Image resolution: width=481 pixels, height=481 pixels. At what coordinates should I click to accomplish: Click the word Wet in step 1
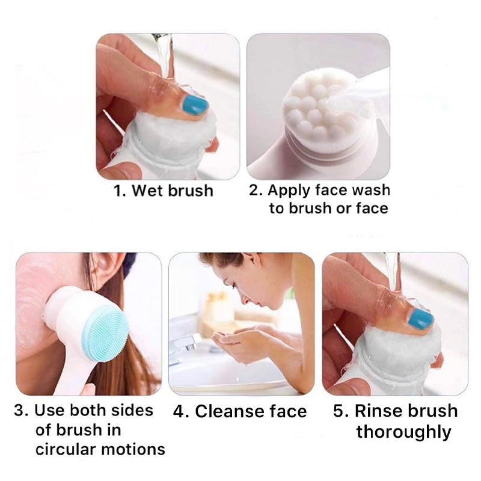146,191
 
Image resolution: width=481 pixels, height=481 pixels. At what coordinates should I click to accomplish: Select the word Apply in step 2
289,191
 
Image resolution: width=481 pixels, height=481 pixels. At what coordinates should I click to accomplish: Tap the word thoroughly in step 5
404,432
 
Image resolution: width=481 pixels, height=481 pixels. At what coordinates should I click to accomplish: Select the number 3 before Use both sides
19,411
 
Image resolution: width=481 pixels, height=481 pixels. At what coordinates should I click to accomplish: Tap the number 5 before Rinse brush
339,411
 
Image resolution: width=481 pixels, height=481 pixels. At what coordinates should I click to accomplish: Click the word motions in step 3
133,449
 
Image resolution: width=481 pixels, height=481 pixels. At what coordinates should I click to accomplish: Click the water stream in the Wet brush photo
162,55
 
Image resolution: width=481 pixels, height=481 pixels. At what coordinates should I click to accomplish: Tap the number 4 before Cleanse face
179,411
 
